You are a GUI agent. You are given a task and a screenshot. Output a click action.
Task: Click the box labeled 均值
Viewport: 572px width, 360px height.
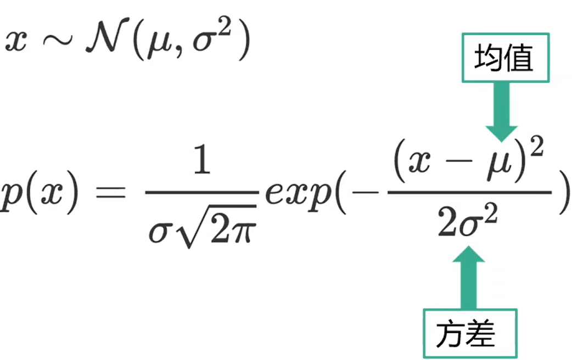504,58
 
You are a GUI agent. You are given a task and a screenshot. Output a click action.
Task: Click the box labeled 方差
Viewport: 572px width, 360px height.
469,333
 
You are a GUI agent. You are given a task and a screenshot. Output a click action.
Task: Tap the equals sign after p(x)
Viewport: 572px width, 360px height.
110,195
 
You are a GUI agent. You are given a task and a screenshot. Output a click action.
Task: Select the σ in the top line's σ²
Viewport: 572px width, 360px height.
206,45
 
